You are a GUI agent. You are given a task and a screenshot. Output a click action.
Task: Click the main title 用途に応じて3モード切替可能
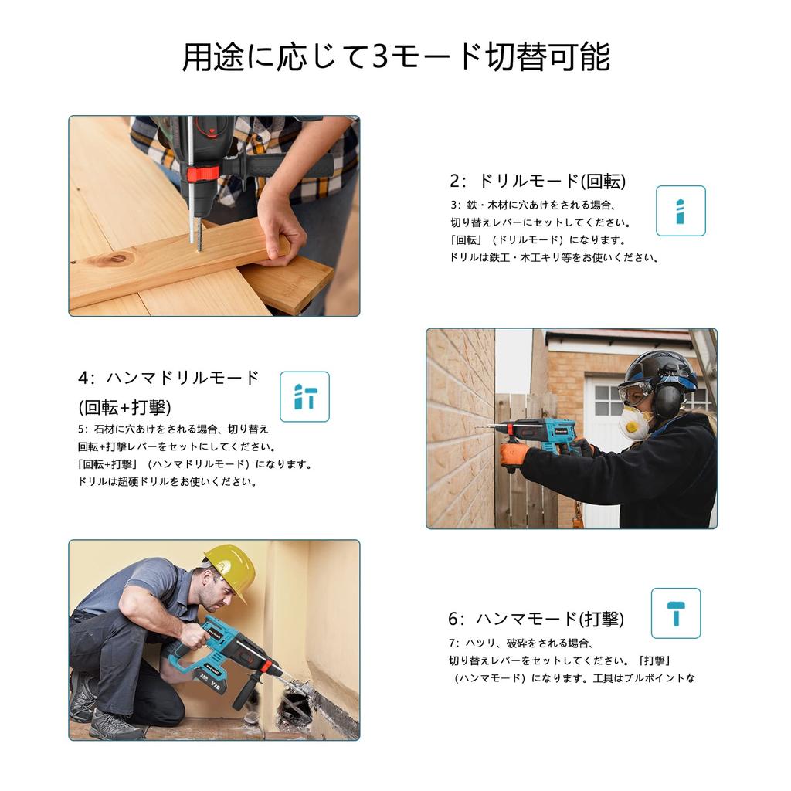[396, 56]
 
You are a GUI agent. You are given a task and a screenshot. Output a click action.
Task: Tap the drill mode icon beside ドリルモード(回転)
[681, 211]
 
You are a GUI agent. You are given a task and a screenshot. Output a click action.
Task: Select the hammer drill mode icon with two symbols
[304, 396]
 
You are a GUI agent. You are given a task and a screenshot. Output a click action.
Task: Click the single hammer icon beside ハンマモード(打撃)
[676, 613]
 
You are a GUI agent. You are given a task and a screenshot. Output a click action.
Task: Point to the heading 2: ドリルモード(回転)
[538, 181]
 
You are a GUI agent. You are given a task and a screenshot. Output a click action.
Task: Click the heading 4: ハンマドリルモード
[168, 377]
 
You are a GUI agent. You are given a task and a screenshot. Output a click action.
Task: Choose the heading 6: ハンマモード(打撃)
[536, 619]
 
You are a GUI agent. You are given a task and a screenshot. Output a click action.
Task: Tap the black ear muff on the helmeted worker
[667, 396]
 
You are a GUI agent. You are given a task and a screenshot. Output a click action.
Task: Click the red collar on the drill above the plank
[203, 174]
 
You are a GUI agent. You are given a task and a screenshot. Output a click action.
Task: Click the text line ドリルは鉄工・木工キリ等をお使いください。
[554, 258]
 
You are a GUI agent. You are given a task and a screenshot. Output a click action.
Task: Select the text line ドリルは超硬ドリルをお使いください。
[167, 482]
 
